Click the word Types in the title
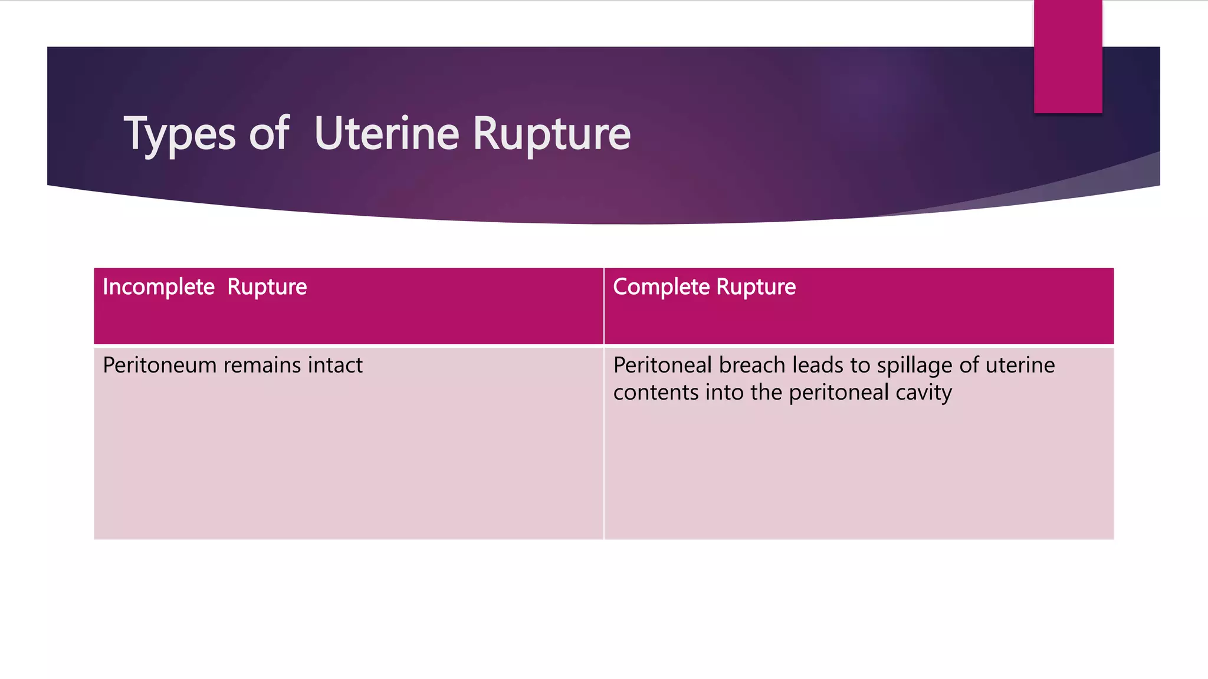click(x=180, y=134)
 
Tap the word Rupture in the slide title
click(x=552, y=134)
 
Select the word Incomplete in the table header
click(x=159, y=287)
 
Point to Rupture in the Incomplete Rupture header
click(x=267, y=287)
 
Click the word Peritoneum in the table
click(x=160, y=365)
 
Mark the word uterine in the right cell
click(x=1020, y=365)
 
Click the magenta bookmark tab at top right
click(x=1068, y=56)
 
